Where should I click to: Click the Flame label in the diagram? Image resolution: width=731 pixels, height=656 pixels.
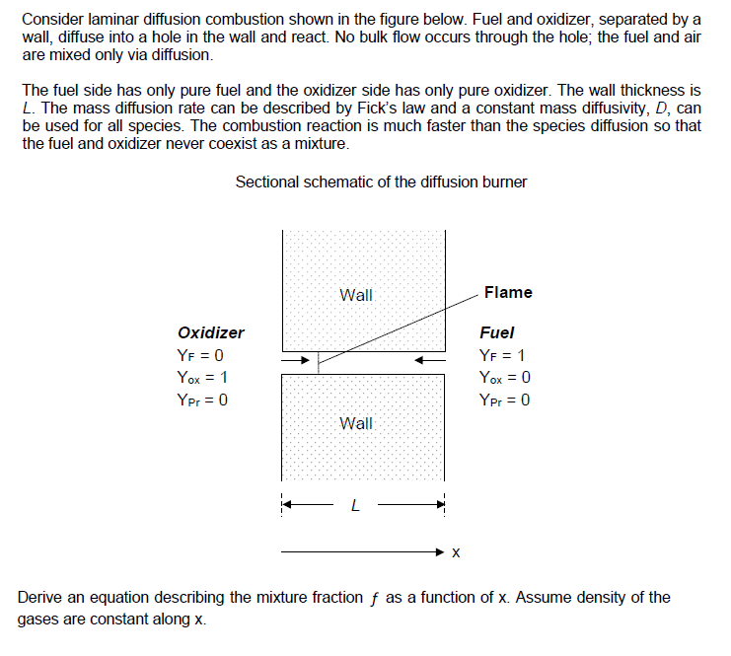pos(508,292)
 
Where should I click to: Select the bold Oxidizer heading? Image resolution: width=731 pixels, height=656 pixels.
pos(211,332)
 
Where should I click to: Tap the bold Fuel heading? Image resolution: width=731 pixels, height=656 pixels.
pos(496,332)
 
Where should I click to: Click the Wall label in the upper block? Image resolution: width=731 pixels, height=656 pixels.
pos(356,294)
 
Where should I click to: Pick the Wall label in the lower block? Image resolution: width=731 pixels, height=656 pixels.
pos(356,423)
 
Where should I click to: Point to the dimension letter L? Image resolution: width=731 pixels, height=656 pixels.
pos(356,507)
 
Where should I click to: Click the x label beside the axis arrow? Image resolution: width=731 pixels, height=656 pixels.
pos(455,551)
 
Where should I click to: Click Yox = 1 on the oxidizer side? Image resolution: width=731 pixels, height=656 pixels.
pos(204,377)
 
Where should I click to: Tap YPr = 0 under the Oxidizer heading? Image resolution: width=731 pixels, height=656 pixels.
pos(203,400)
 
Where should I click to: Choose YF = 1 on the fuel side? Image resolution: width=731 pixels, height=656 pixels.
pos(501,355)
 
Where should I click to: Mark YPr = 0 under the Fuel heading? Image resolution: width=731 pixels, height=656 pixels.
pos(503,400)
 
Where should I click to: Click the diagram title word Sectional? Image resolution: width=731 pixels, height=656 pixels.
pos(269,182)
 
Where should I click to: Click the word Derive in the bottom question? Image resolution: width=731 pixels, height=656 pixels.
pos(41,597)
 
